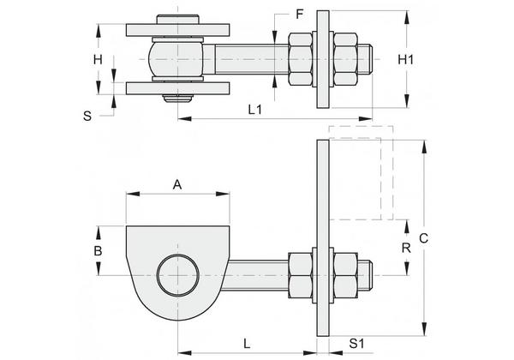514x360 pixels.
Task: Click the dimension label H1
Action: pyautogui.click(x=405, y=60)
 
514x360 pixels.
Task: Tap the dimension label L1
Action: pyautogui.click(x=255, y=110)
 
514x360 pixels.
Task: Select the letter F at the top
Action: pyautogui.click(x=300, y=15)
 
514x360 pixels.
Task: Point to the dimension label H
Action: pyautogui.click(x=98, y=60)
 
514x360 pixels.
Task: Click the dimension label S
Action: pyautogui.click(x=87, y=116)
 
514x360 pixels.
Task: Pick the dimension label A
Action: pyautogui.click(x=177, y=184)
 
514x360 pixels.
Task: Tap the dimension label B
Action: pyautogui.click(x=98, y=251)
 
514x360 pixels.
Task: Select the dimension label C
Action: pyautogui.click(x=423, y=238)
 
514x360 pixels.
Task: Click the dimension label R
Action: pyautogui.click(x=406, y=249)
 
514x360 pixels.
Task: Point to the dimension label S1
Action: pyautogui.click(x=356, y=344)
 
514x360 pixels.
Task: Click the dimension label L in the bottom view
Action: pyautogui.click(x=247, y=344)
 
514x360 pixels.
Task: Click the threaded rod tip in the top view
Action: pyautogui.click(x=365, y=59)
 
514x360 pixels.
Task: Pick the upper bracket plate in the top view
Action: pyautogui.click(x=177, y=30)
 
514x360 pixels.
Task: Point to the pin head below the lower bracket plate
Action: pyautogui.click(x=177, y=99)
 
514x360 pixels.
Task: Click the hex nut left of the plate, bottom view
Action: pyautogui.click(x=301, y=275)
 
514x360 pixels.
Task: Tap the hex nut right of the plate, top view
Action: pyautogui.click(x=345, y=59)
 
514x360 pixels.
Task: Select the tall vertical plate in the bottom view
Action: pyautogui.click(x=323, y=237)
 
